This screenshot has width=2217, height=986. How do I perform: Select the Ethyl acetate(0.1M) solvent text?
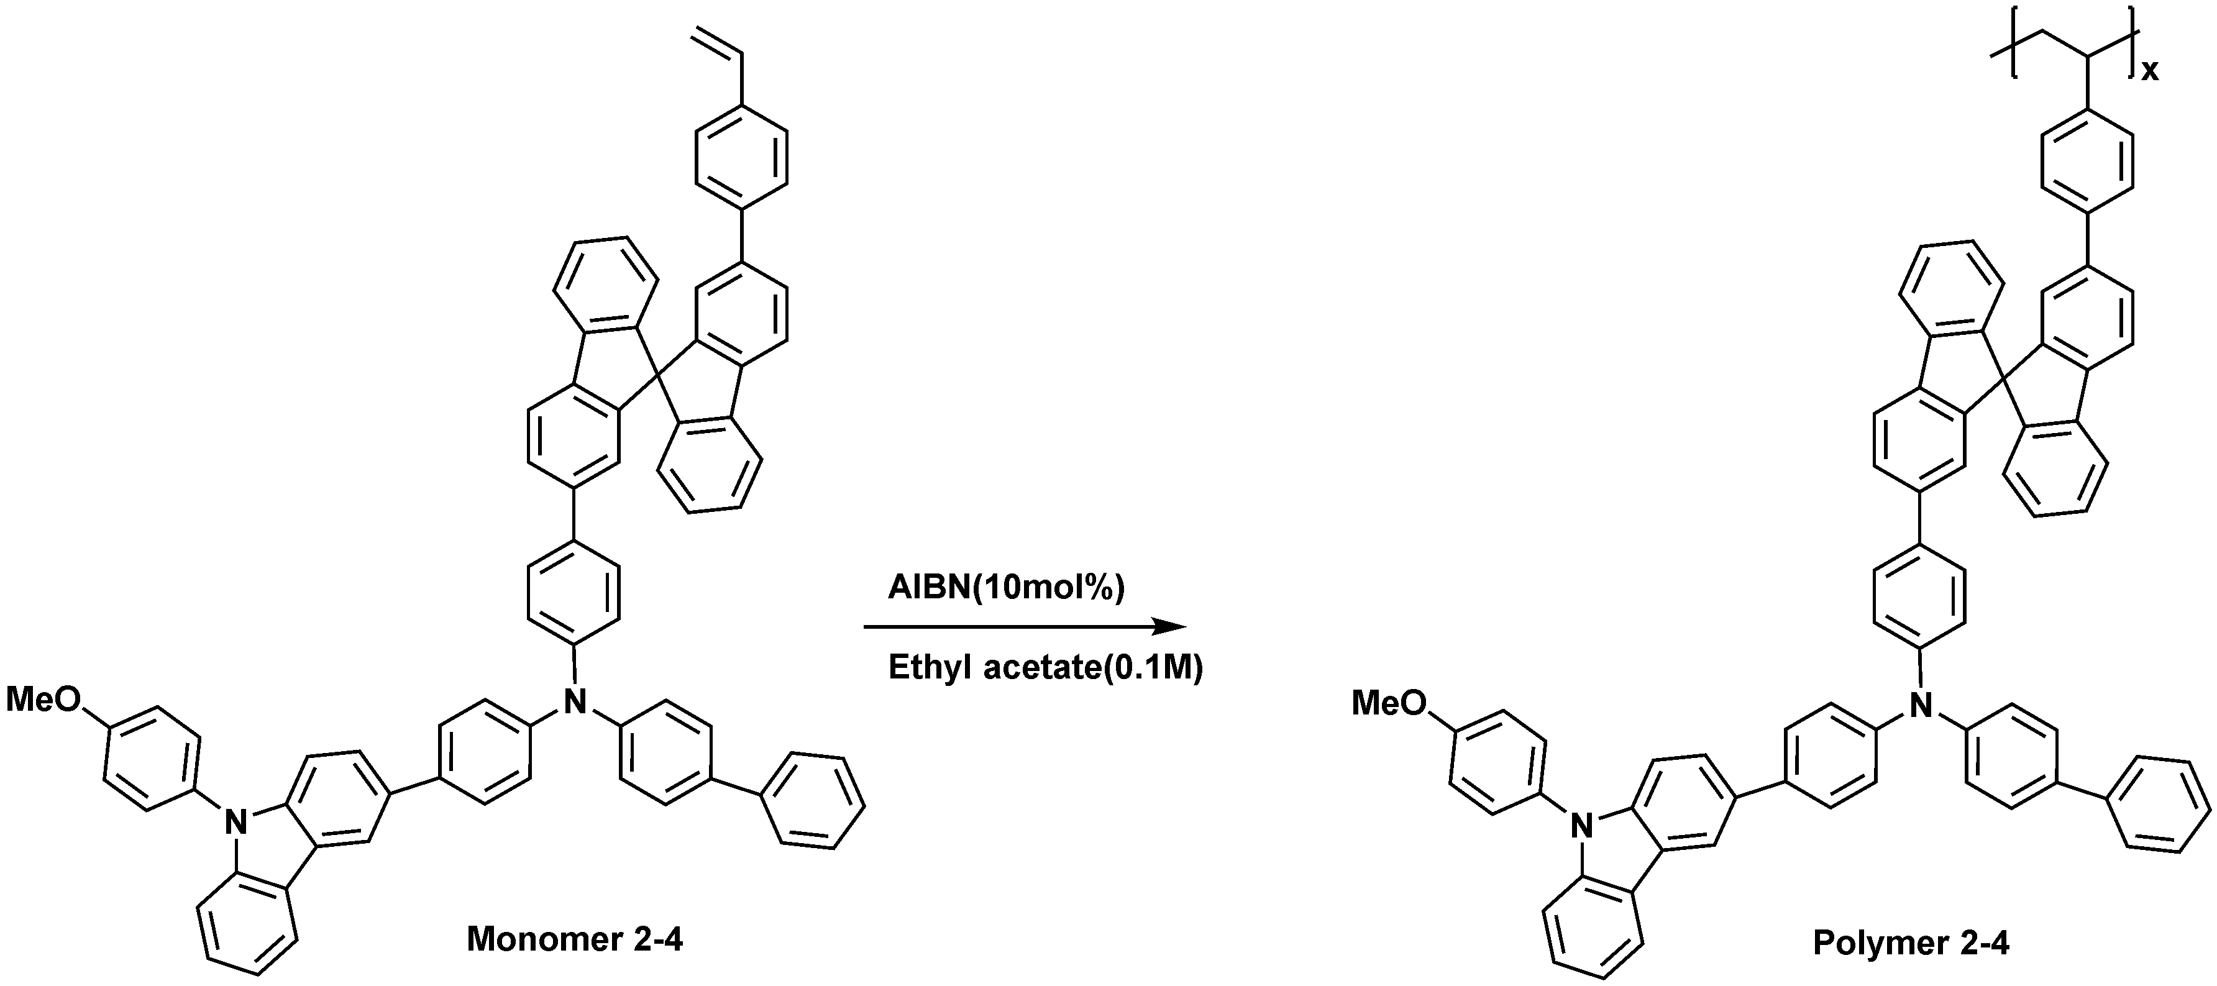coord(1045,668)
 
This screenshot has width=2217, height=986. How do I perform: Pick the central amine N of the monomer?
coord(574,700)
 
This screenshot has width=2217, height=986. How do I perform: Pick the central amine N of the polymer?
coord(1921,706)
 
